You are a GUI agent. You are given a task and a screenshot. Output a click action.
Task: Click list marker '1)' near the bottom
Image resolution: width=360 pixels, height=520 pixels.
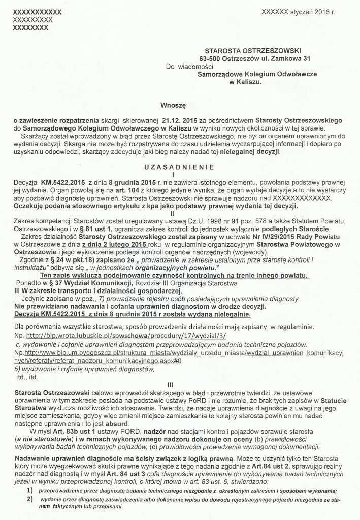[x=30, y=490]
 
